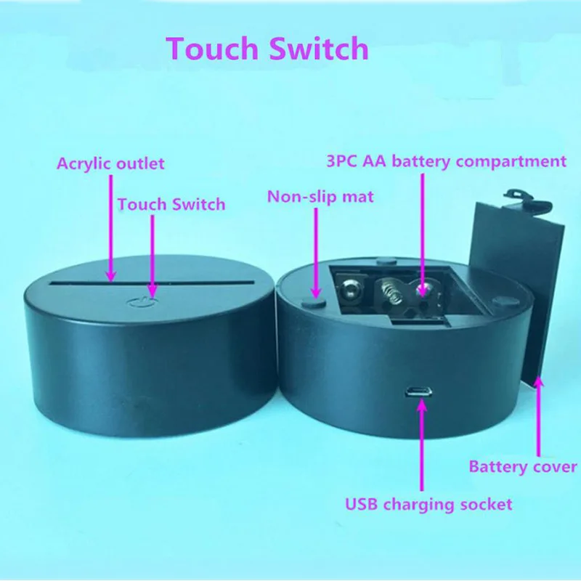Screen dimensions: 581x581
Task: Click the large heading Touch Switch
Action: (267, 49)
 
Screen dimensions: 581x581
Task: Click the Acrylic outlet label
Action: (111, 163)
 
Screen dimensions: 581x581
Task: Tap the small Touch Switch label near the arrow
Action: (171, 204)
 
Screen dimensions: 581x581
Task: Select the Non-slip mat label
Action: (320, 197)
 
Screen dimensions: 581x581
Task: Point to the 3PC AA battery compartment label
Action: (446, 161)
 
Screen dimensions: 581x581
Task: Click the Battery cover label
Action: (523, 466)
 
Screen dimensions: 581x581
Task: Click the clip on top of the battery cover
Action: (525, 195)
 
